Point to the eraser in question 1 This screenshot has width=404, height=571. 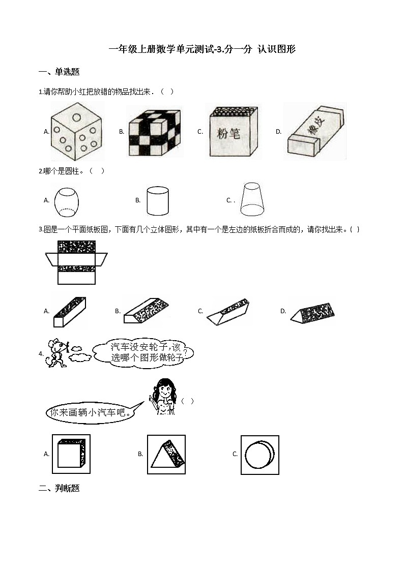tap(315, 132)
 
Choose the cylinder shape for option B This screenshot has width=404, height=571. tap(157, 200)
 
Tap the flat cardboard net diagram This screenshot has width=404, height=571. tap(76, 262)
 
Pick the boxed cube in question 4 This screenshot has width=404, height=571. tap(71, 454)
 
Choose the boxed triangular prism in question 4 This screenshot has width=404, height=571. tap(166, 454)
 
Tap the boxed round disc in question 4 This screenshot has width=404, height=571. tap(259, 454)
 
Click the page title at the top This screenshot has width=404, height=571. tap(202, 49)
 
